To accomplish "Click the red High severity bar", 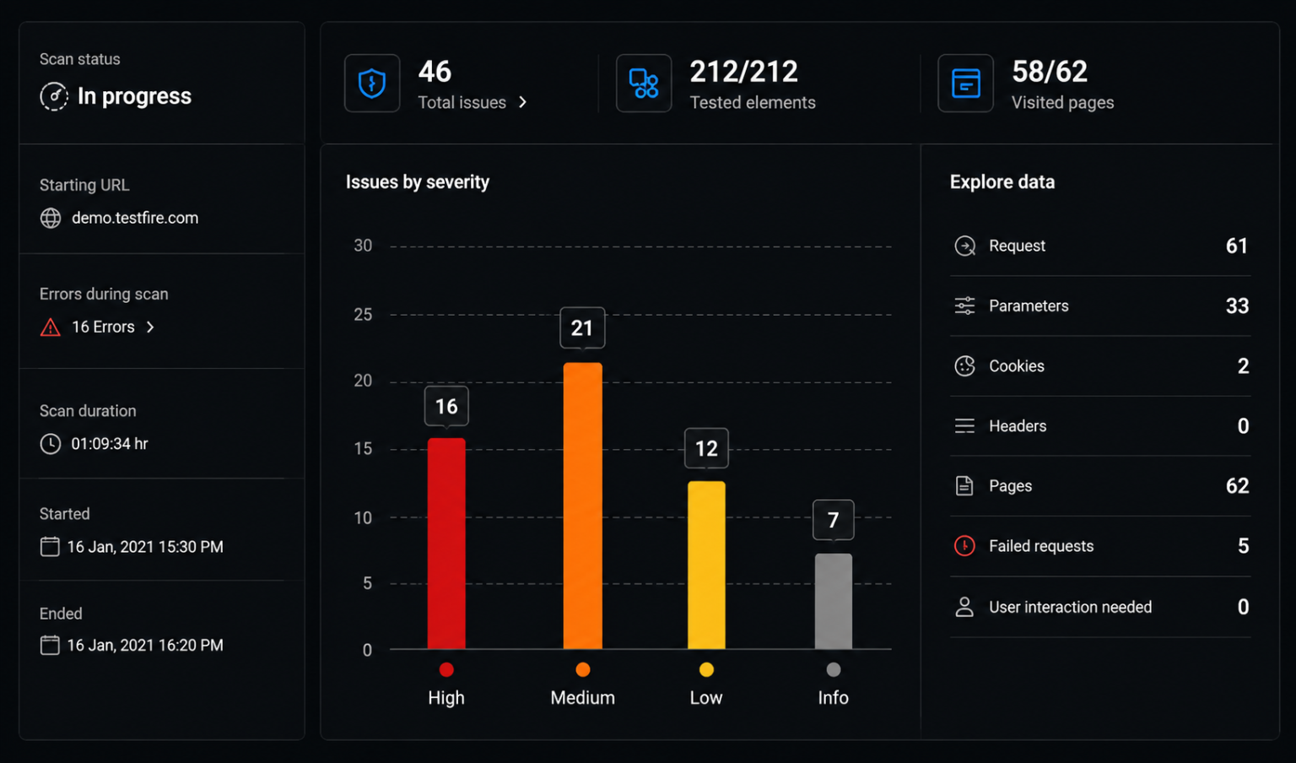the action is coord(446,544).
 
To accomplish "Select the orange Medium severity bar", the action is coord(583,506).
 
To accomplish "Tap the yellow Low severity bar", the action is coord(706,565).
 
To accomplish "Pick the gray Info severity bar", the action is coord(833,602).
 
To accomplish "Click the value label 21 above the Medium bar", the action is coord(583,328).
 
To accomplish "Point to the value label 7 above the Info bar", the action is coord(833,520).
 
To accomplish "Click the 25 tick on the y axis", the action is coord(363,314).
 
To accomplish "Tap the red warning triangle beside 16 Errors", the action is coord(51,327).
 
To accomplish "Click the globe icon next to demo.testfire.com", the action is coord(51,219).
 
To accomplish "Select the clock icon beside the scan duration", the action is coord(51,444).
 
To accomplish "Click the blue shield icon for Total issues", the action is coord(372,84).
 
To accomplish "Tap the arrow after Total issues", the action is coord(523,102).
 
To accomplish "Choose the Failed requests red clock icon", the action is coord(964,546).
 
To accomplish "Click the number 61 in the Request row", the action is coord(1237,246).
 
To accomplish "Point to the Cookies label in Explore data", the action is coord(1017,365).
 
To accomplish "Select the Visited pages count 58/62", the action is coord(1050,72).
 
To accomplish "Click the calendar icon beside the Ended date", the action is coord(50,645).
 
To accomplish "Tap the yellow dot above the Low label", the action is coord(706,670).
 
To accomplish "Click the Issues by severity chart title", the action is coord(417,182).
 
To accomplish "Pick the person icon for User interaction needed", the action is coord(964,607).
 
